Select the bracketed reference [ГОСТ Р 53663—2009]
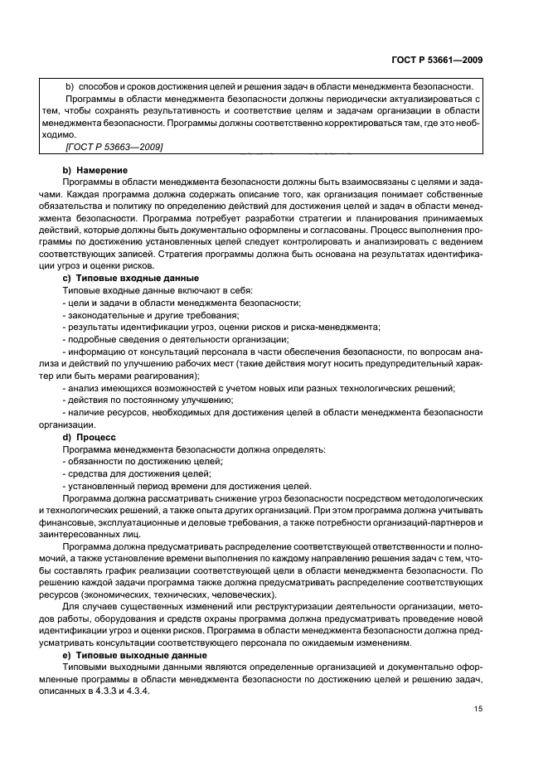(113, 147)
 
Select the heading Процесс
(96, 435)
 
